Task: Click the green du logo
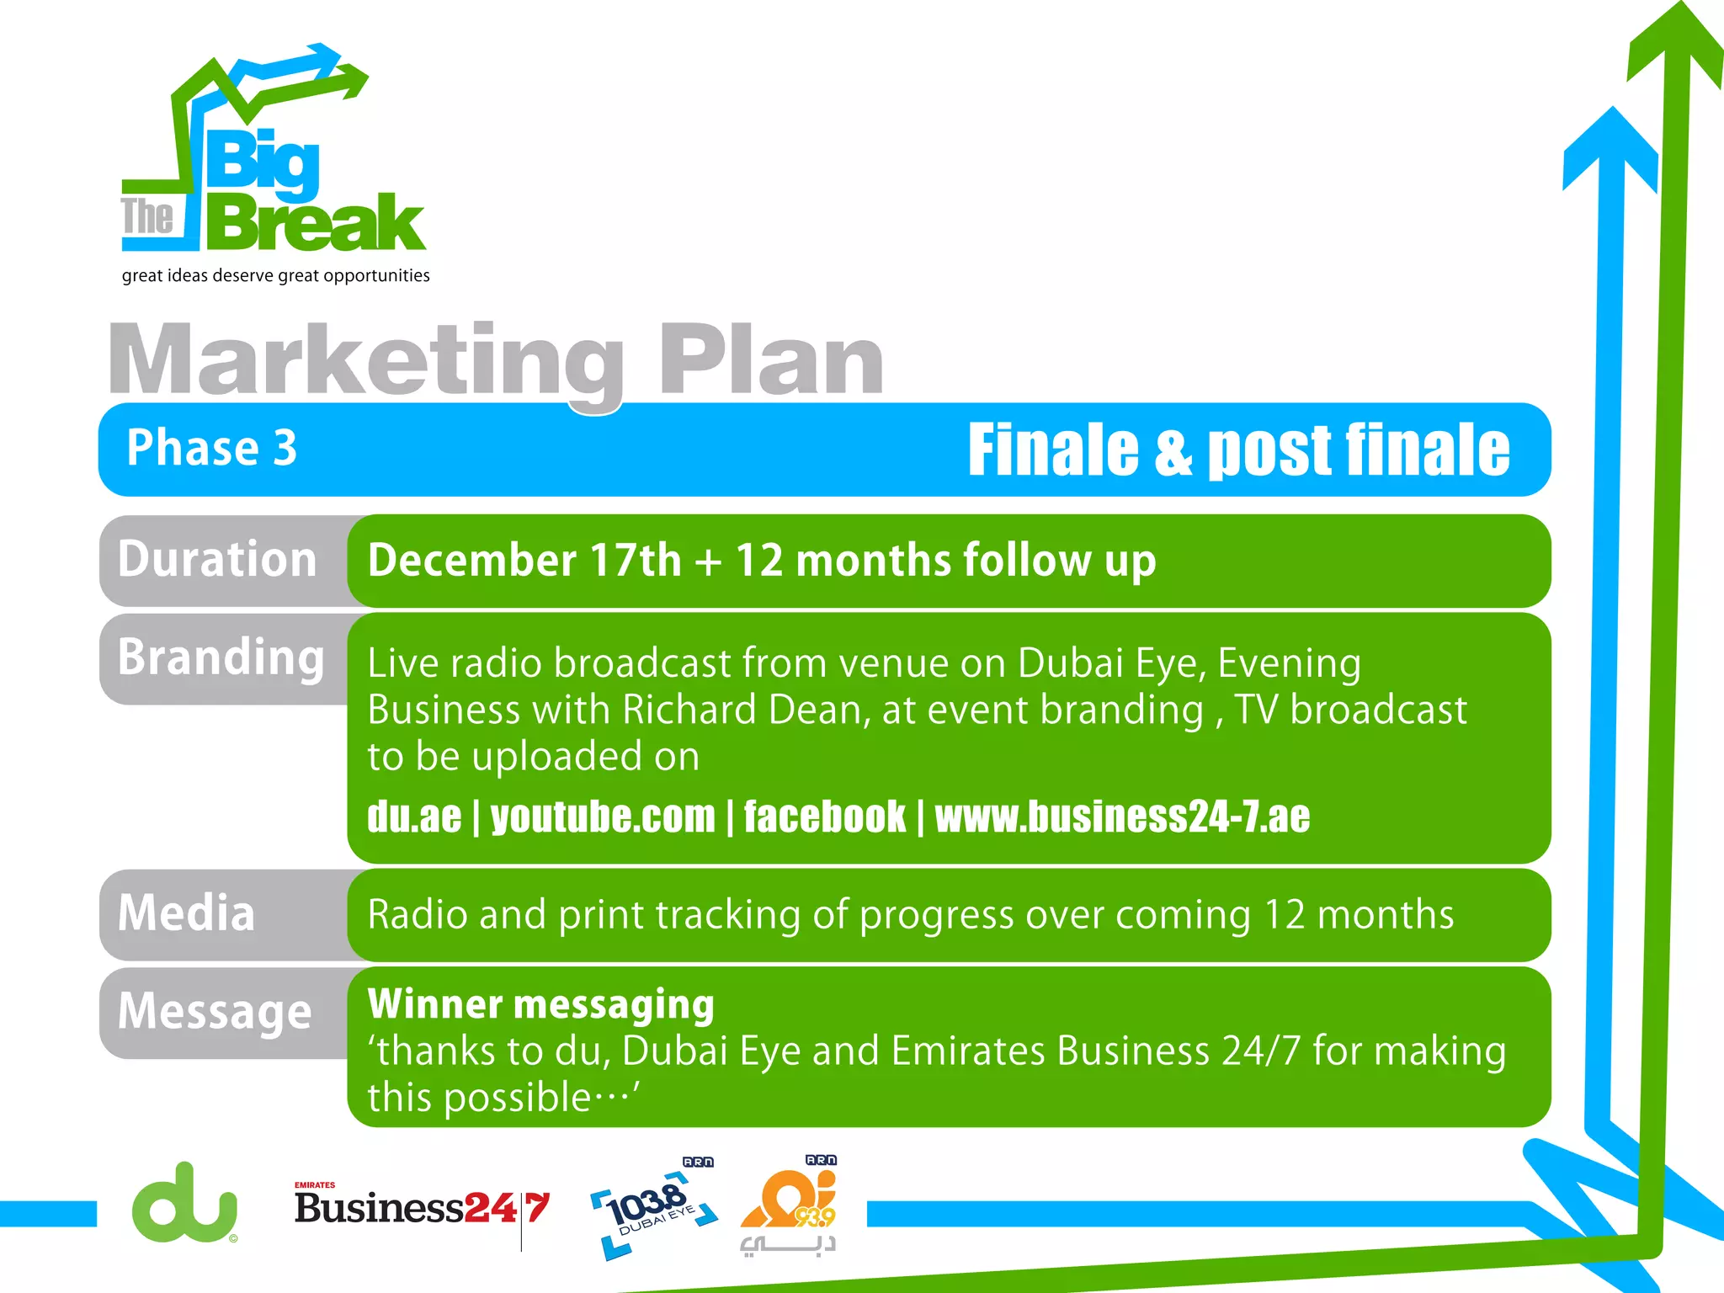(x=184, y=1204)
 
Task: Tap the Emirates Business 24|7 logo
(x=421, y=1209)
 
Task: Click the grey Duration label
(x=217, y=560)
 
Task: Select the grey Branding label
(x=221, y=657)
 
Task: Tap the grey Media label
(x=187, y=914)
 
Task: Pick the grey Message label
(x=215, y=1011)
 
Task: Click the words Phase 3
(x=211, y=448)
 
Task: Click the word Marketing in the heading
(x=366, y=362)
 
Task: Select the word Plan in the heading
(x=770, y=362)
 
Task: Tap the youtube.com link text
(x=602, y=817)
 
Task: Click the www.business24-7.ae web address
(x=1121, y=817)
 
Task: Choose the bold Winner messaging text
(x=540, y=1004)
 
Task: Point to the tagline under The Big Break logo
(x=275, y=276)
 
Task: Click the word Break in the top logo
(x=316, y=223)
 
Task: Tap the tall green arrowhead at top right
(x=1673, y=42)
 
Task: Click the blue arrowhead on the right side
(x=1610, y=147)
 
